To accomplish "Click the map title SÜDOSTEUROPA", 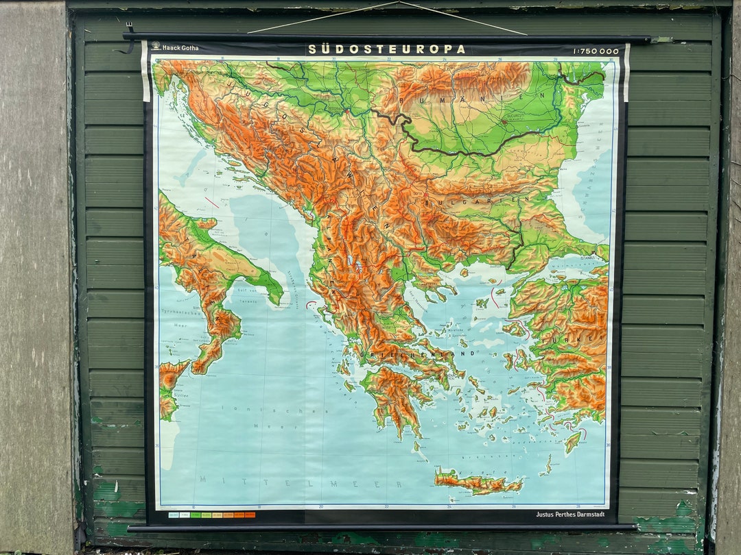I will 386,49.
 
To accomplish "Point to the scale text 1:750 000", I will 595,51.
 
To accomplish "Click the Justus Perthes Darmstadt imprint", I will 571,514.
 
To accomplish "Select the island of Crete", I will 478,482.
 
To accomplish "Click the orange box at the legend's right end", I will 250,514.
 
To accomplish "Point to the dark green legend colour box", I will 196,514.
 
